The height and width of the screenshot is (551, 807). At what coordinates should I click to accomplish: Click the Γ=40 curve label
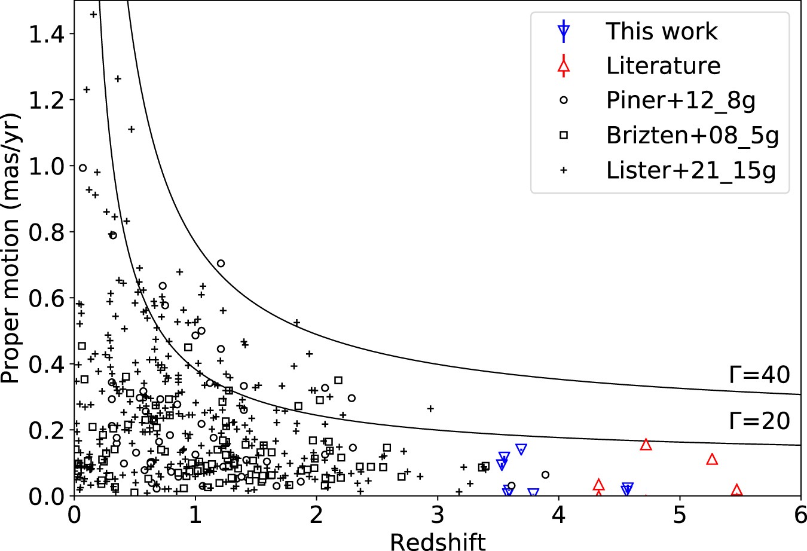point(760,375)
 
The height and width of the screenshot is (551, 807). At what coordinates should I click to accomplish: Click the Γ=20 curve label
point(760,421)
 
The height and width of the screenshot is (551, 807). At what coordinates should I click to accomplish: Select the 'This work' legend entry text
point(662,31)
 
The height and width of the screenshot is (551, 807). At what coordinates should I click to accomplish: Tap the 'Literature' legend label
point(664,66)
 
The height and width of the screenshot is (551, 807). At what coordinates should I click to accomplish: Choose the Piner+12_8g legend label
point(681,100)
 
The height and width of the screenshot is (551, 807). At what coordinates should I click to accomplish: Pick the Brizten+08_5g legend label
point(693,136)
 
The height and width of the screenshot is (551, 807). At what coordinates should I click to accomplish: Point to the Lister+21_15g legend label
point(691,170)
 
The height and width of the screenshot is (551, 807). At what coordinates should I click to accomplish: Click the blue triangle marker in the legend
point(563,32)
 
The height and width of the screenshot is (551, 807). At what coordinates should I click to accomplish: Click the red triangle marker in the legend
point(563,67)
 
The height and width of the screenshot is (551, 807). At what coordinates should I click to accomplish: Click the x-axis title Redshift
point(438,541)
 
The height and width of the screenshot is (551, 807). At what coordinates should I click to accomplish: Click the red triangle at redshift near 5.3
point(711,459)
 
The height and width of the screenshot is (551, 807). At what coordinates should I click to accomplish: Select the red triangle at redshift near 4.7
point(646,444)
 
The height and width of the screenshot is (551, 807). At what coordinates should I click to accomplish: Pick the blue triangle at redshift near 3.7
point(521,449)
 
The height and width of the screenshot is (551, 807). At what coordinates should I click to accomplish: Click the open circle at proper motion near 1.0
point(83,168)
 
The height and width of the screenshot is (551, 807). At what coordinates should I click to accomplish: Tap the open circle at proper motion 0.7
point(221,264)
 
